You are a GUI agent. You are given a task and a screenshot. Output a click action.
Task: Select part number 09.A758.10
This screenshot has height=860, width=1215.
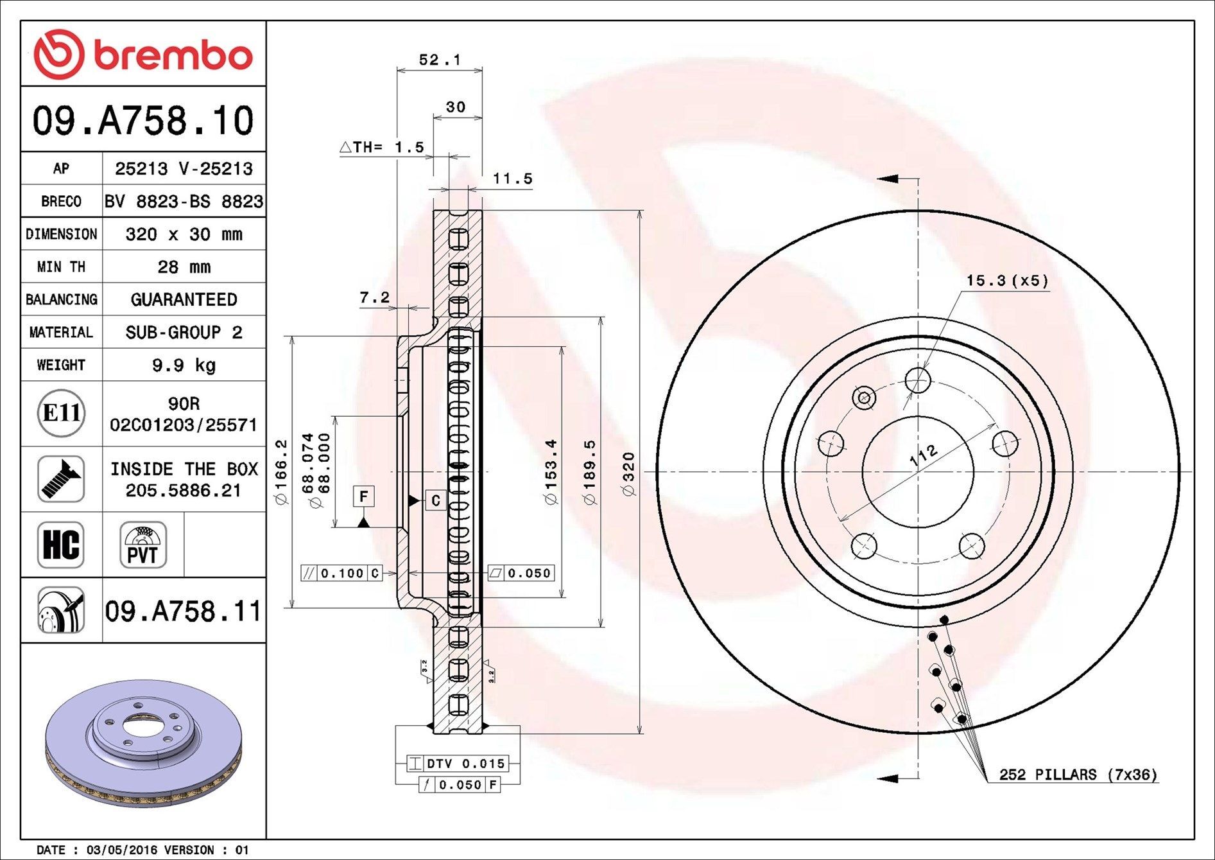coord(143,121)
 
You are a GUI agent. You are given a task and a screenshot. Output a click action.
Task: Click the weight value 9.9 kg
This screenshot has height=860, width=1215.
coord(184,365)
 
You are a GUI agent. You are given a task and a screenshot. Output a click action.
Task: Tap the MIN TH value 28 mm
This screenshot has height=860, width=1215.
coord(184,267)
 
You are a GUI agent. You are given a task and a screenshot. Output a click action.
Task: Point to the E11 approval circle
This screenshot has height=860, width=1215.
coord(61,413)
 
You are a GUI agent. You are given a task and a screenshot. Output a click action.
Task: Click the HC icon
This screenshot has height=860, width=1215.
coord(61,545)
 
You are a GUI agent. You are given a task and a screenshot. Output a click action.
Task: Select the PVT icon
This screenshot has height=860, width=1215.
coord(142,545)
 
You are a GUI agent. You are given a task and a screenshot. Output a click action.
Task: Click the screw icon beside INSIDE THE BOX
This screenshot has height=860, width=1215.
coord(61,479)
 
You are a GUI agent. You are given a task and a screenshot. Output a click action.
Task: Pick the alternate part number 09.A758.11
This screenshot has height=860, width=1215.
coord(184,611)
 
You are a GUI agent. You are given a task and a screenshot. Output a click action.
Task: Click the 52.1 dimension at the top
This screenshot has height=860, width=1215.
coord(440,60)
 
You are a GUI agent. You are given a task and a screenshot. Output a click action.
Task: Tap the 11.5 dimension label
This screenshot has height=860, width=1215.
coord(512,179)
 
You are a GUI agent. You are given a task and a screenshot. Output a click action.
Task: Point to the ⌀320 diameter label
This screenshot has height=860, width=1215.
coord(629,474)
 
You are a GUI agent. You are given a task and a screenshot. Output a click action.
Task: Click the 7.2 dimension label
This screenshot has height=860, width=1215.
coord(374,297)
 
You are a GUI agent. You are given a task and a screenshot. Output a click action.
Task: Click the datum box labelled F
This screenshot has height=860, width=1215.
coord(363,496)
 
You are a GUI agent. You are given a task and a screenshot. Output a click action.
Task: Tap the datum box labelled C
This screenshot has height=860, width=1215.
coord(435,500)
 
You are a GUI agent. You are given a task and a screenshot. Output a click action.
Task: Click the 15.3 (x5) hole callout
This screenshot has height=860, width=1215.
coord(1007,281)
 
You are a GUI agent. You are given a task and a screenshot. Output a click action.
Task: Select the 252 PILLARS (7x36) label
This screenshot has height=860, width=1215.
coord(1078,775)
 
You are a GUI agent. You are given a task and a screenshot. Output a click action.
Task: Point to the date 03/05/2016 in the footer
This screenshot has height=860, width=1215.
coord(122,850)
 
